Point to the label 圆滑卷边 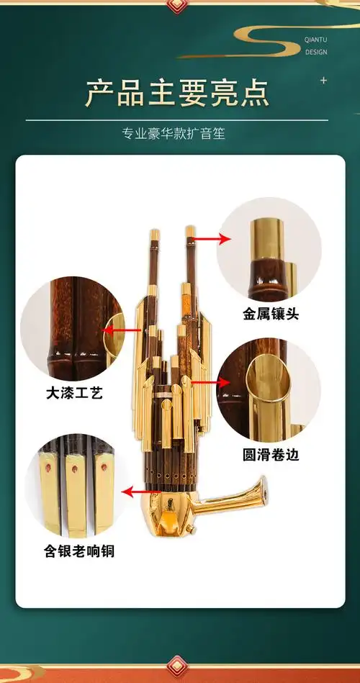(x=270, y=455)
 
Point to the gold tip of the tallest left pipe (x=153, y=236)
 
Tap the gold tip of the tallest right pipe (x=190, y=232)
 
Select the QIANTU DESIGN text (x=315, y=47)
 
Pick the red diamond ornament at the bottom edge (x=176, y=666)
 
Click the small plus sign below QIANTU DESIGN (x=323, y=80)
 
